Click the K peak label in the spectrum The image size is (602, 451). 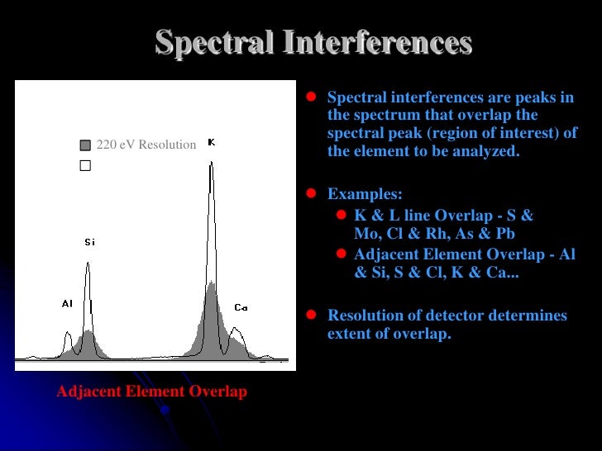coord(211,143)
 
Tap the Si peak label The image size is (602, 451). coord(89,242)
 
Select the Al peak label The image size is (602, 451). coord(67,303)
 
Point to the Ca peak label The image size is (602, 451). coord(241,307)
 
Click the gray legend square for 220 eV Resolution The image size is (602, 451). coord(84,145)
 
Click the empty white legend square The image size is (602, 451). coord(84,165)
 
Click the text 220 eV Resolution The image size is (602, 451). coord(146,145)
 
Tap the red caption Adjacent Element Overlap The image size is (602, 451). coord(151,392)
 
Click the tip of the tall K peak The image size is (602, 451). coord(212,163)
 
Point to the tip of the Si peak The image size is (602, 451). coord(88,263)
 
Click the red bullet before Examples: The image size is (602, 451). coord(312,194)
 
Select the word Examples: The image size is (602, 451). coord(365,194)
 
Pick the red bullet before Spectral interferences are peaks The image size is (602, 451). coord(312,97)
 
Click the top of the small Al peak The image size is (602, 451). coord(68,333)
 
